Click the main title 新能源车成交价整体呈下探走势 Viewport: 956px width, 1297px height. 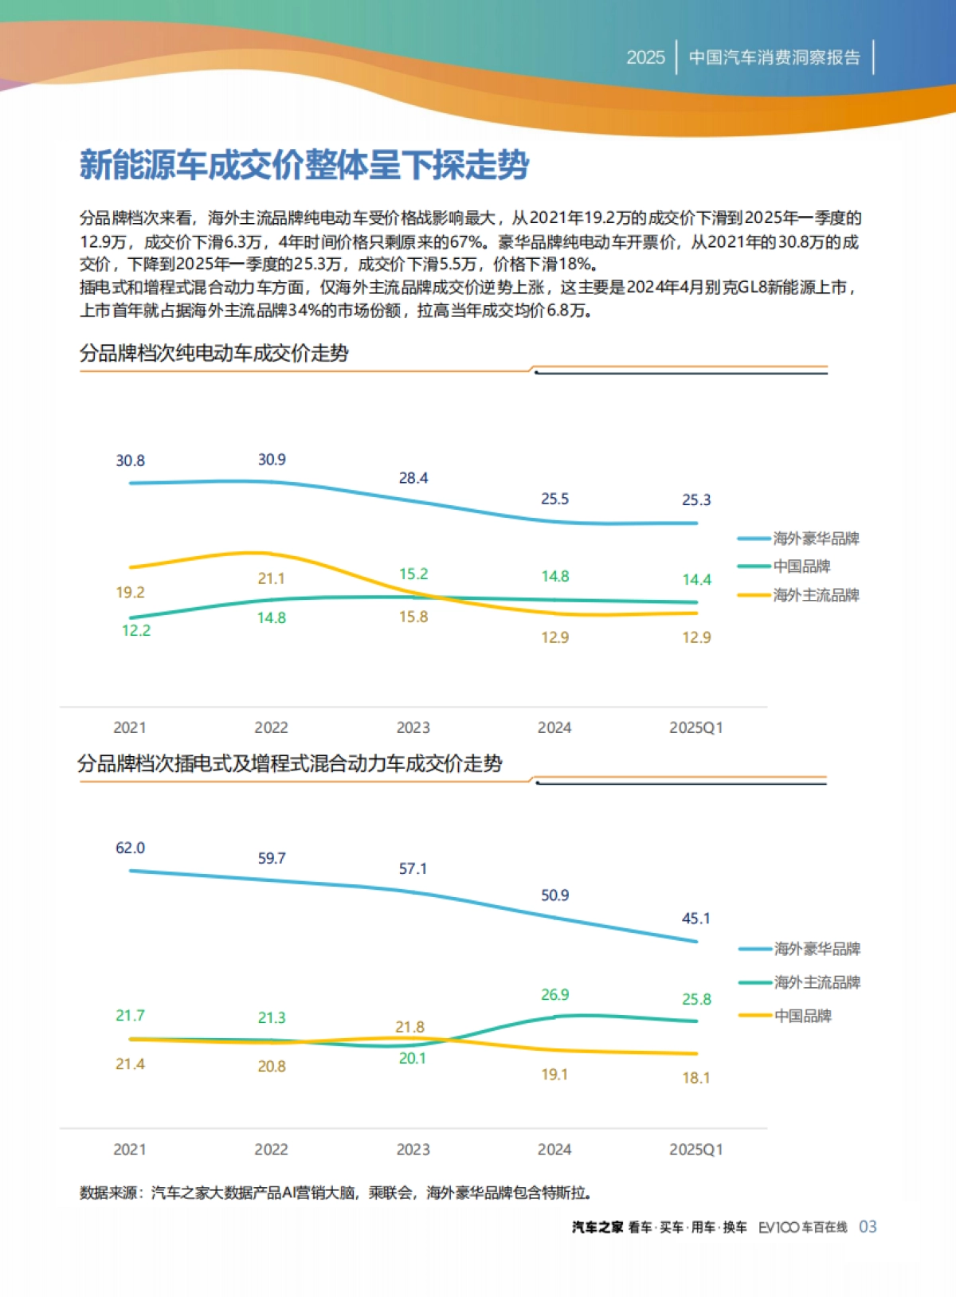(x=304, y=165)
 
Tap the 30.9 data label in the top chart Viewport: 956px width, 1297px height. (x=272, y=460)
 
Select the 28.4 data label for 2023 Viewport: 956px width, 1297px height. (x=413, y=478)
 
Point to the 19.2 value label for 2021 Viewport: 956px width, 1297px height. (x=130, y=593)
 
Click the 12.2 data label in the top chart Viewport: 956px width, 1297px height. (x=135, y=630)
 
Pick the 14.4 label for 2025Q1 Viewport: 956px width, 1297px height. (x=696, y=580)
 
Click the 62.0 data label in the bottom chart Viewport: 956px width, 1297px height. (x=130, y=848)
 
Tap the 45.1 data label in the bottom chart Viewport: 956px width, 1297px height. (x=695, y=919)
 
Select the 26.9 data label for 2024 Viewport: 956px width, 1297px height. (x=554, y=995)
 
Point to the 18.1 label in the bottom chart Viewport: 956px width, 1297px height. (x=695, y=1078)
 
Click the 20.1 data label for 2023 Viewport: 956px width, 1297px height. (x=413, y=1058)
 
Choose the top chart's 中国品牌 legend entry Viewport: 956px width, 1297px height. (x=801, y=566)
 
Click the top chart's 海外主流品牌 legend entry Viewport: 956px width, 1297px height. (x=816, y=595)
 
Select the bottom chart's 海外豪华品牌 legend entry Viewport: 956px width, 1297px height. (x=817, y=949)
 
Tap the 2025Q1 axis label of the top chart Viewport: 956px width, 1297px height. (x=695, y=727)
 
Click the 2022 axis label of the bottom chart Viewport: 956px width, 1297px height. (x=271, y=1150)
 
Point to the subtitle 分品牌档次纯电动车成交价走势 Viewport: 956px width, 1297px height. (x=214, y=353)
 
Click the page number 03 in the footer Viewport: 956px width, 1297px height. (x=868, y=1227)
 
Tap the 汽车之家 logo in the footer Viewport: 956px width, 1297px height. (x=597, y=1228)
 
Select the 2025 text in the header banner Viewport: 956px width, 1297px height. (x=645, y=57)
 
